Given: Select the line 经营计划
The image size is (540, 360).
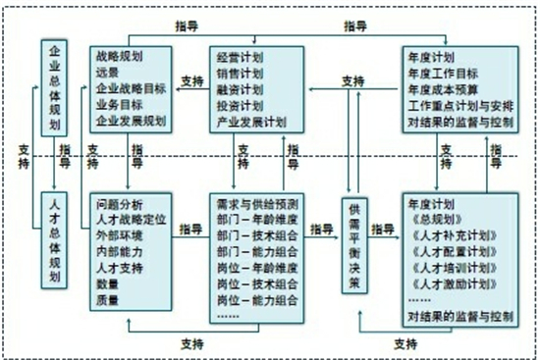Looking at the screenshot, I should (240, 56).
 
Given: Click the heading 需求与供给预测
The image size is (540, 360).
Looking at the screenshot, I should (255, 203).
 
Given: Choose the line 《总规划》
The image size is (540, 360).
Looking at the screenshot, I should (432, 220).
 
